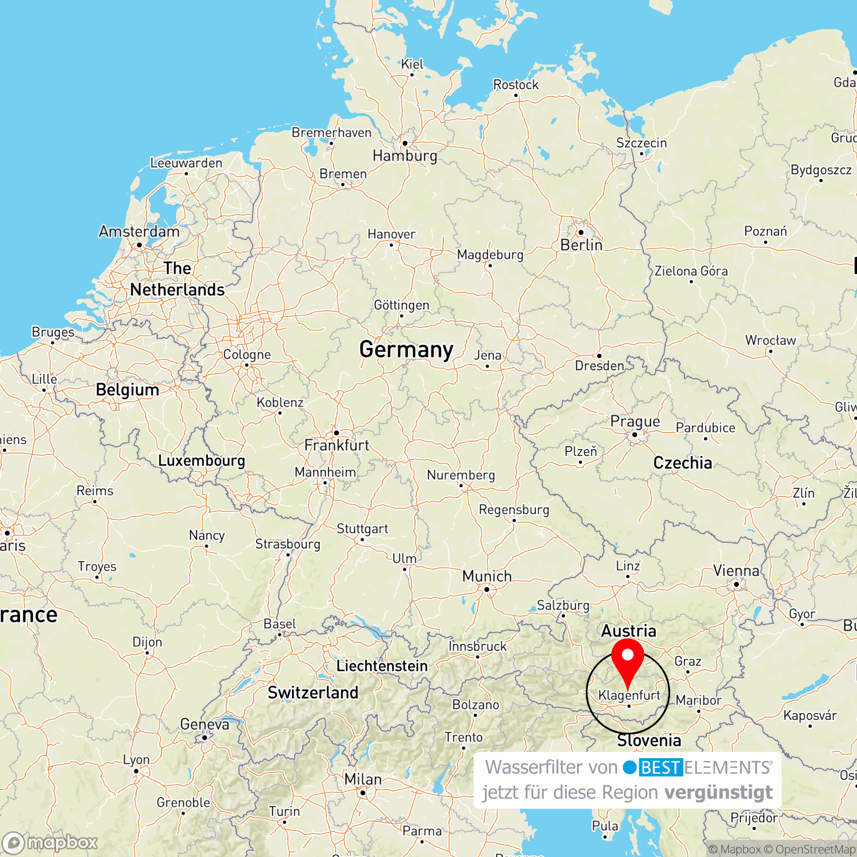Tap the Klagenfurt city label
[629, 695]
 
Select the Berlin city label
[581, 245]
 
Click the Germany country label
[406, 349]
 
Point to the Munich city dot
[487, 589]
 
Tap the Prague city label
[635, 422]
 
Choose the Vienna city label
[736, 571]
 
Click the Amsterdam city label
[139, 231]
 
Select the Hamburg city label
[405, 155]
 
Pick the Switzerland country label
[313, 692]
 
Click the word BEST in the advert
[660, 767]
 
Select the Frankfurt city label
[337, 445]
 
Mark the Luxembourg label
[201, 460]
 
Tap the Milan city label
[363, 779]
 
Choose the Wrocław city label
[770, 341]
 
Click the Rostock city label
[516, 85]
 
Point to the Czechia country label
[683, 463]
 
